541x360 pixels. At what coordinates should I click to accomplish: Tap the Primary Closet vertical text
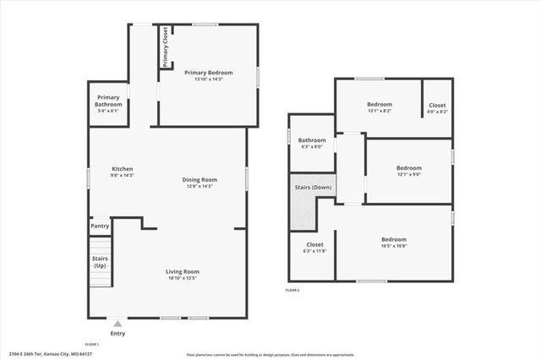click(x=166, y=46)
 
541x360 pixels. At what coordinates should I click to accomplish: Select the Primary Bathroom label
click(x=108, y=104)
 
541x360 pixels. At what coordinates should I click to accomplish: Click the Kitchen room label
click(x=123, y=168)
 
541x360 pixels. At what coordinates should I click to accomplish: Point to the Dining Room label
click(x=200, y=182)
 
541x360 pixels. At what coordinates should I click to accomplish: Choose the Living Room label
click(x=183, y=274)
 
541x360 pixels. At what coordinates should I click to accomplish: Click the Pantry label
click(x=100, y=226)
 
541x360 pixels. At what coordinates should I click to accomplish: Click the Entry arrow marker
click(x=117, y=323)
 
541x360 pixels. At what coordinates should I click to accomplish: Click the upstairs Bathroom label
click(x=312, y=143)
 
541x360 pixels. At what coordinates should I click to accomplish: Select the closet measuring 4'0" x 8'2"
click(x=438, y=111)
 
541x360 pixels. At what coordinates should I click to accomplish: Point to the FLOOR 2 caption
click(x=292, y=292)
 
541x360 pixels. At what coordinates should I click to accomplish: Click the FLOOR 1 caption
click(x=92, y=344)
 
